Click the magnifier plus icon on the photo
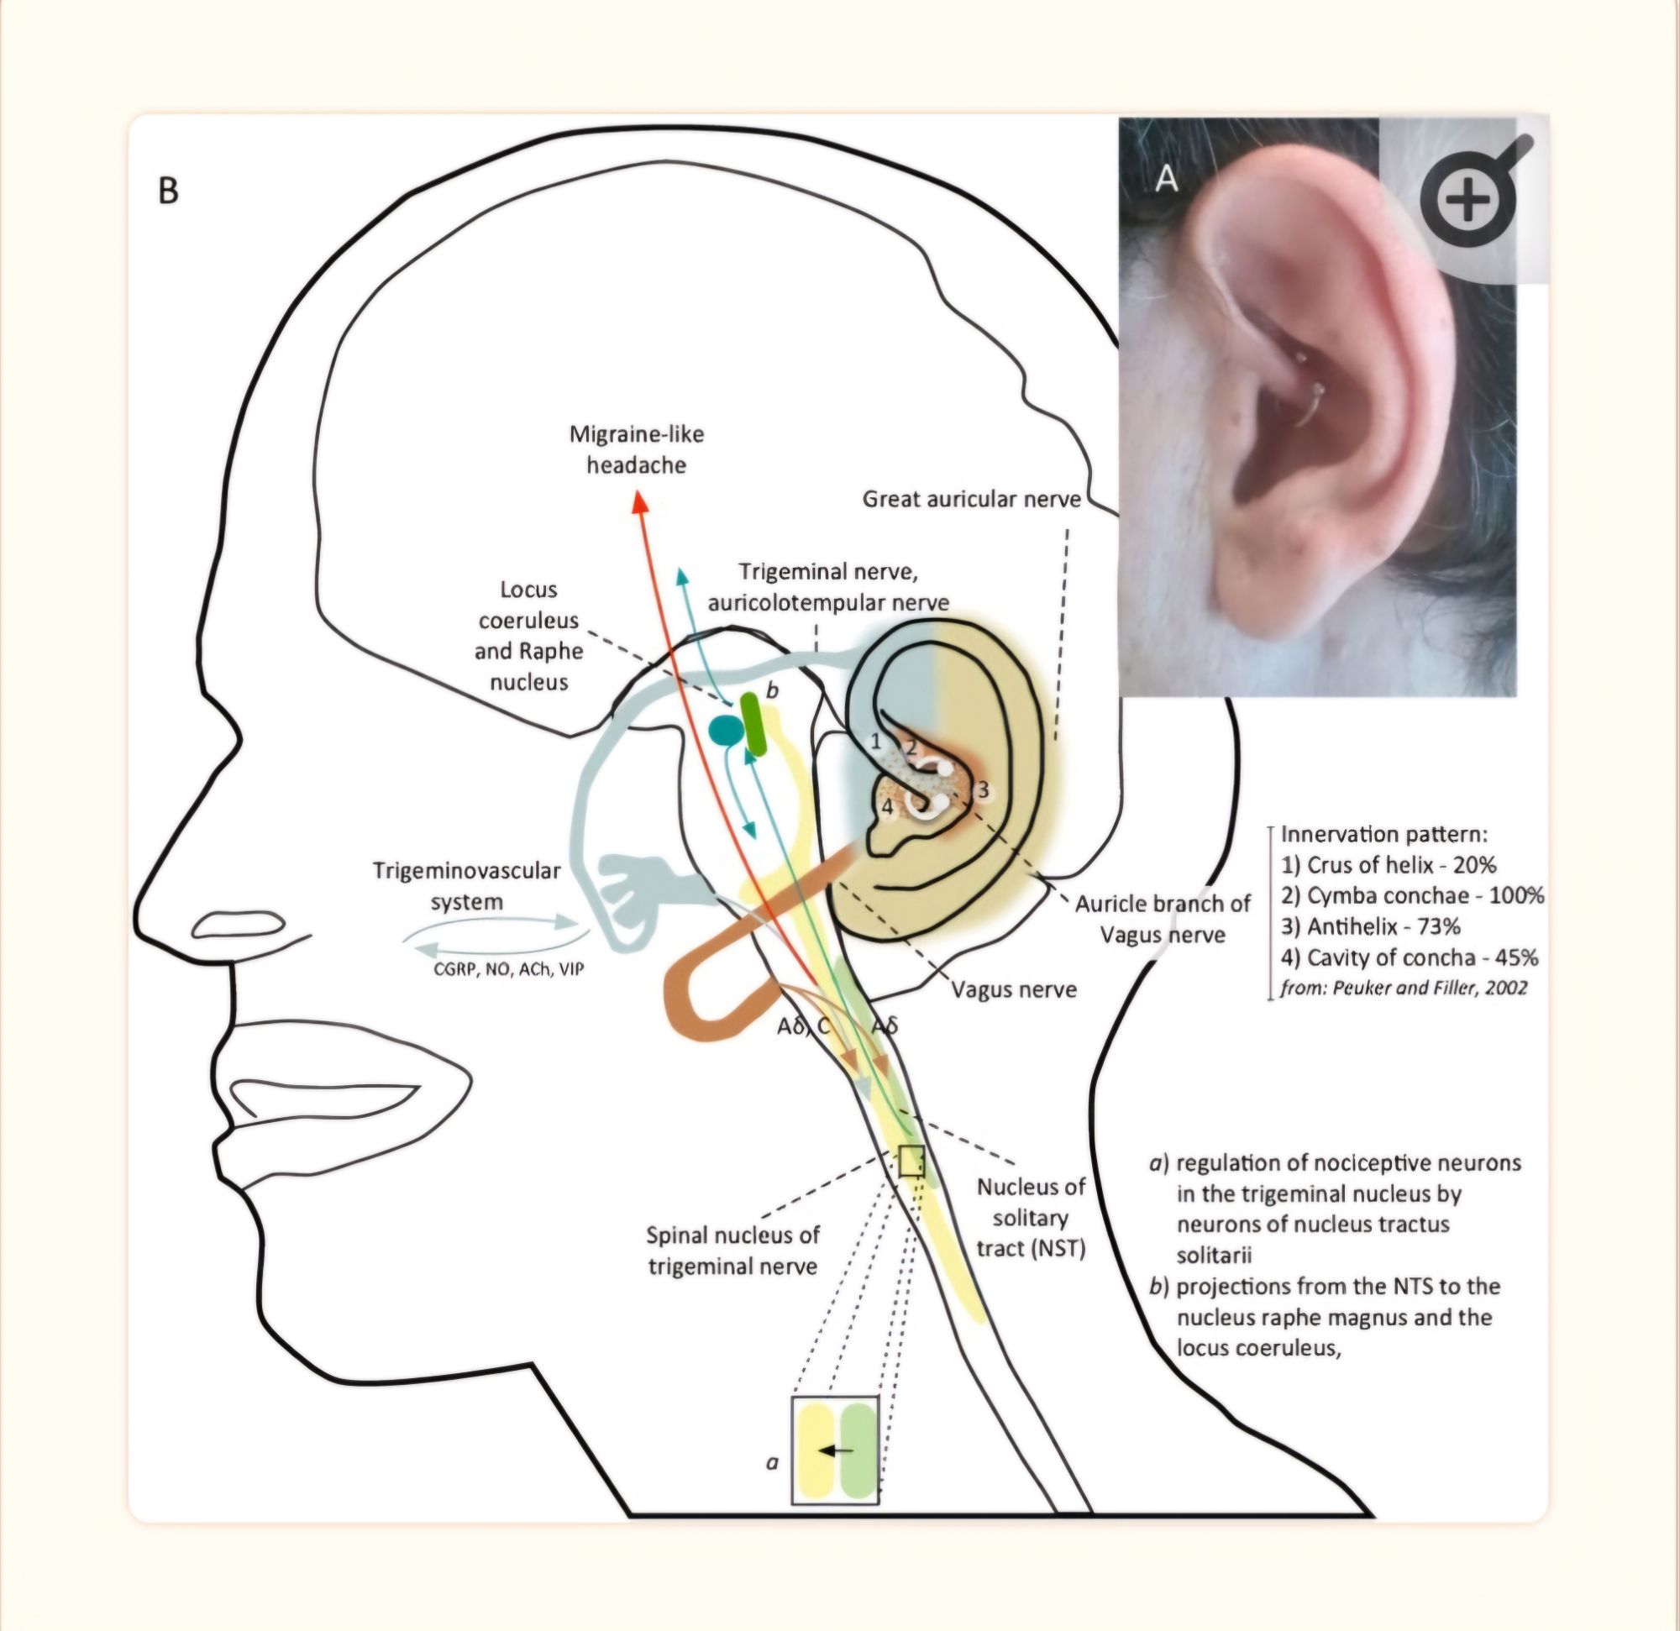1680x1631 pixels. coord(1467,201)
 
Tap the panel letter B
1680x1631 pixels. coord(169,191)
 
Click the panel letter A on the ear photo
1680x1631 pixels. coord(1167,179)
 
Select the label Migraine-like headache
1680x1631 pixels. coord(637,449)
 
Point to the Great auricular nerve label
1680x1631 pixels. coord(971,499)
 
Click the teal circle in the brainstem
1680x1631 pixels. coord(727,729)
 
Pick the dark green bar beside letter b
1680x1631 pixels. coord(753,724)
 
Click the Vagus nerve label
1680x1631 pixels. coord(1014,990)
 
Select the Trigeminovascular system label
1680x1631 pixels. coord(467,886)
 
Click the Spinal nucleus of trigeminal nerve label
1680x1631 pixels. coord(732,1251)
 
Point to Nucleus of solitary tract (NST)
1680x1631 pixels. coord(1032,1218)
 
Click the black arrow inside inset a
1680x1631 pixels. coord(836,1450)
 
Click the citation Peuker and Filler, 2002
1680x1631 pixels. coord(1404,988)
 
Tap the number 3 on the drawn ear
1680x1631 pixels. coord(983,789)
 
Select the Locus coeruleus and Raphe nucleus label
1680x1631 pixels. coord(529,635)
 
